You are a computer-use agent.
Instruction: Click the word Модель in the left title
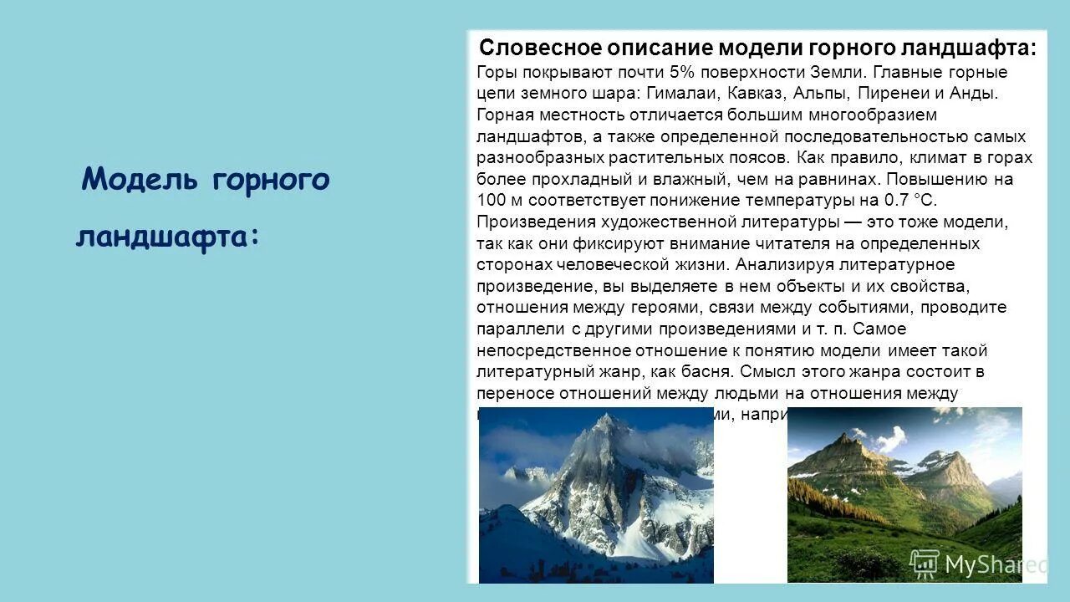pos(140,179)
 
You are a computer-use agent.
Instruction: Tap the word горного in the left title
pos(271,179)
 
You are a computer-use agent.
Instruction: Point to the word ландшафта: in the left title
pos(167,237)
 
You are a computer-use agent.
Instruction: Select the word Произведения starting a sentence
pos(536,222)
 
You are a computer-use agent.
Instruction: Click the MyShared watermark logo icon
pos(925,564)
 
